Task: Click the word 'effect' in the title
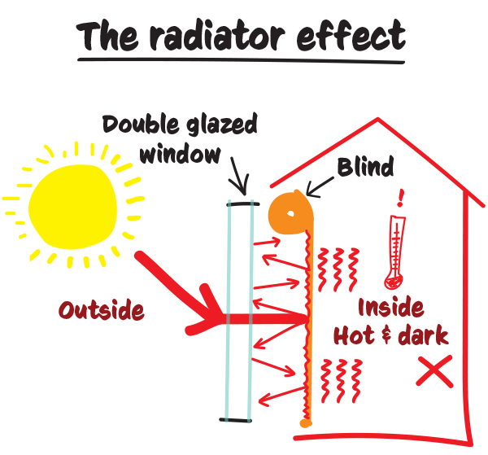coord(354,36)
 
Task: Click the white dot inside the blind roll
coord(290,214)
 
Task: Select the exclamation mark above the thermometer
coord(400,198)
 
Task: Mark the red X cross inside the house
coord(434,374)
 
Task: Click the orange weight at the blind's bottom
coord(304,423)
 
